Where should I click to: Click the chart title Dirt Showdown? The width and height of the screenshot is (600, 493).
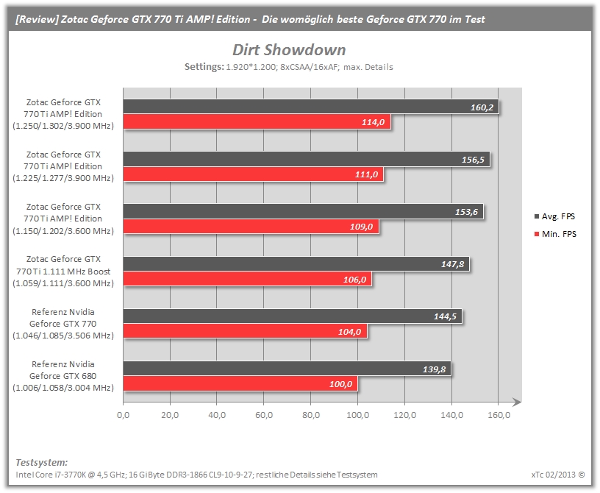289,50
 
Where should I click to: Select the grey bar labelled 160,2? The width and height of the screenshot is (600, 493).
311,107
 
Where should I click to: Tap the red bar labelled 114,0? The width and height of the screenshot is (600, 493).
257,122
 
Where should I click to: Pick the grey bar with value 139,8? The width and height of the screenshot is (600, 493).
287,369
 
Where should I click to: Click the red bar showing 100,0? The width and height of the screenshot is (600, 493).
240,384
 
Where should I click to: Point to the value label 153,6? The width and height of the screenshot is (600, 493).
466,212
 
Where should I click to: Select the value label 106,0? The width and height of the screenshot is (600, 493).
354,280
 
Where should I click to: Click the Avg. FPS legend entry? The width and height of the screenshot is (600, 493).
554,216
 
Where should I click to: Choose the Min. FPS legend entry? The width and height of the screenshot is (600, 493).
555,234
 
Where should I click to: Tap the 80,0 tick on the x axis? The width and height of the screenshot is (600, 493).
311,415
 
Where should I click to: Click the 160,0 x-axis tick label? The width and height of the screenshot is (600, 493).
499,415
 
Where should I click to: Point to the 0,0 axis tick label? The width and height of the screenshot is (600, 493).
124,415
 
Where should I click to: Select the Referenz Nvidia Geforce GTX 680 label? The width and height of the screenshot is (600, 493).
63,376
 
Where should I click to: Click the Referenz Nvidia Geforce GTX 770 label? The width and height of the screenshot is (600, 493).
63,324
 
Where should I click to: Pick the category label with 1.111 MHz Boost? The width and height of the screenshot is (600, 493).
63,272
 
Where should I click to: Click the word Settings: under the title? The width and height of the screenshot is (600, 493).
204,67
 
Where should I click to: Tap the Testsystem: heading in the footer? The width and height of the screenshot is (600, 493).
42,462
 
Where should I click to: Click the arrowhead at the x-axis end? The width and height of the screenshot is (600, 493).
517,402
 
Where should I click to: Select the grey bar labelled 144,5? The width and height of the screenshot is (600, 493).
293,316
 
